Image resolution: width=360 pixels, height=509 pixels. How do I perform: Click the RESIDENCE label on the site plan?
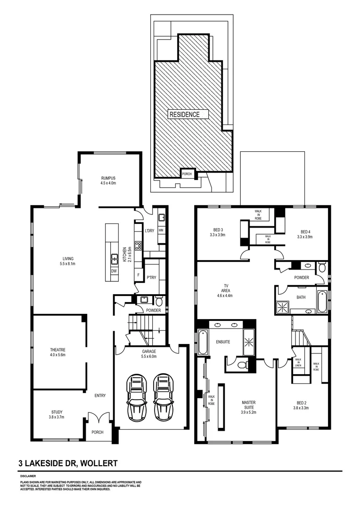pyautogui.click(x=185, y=114)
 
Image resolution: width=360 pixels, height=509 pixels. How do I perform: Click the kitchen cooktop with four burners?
pyautogui.click(x=139, y=245)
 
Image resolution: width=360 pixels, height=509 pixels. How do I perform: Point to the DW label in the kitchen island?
pyautogui.click(x=114, y=271)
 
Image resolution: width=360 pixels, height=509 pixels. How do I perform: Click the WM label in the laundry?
pyautogui.click(x=161, y=230)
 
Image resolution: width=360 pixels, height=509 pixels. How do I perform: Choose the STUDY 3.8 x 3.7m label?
pyautogui.click(x=56, y=414)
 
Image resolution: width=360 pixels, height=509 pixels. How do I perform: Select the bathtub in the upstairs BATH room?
pyautogui.click(x=322, y=302)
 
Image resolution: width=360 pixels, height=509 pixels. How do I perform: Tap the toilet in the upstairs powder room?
pyautogui.click(x=322, y=268)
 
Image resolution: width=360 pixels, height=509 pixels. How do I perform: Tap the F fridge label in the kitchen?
pyautogui.click(x=138, y=274)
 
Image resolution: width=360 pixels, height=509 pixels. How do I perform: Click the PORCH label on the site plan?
pyautogui.click(x=187, y=173)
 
